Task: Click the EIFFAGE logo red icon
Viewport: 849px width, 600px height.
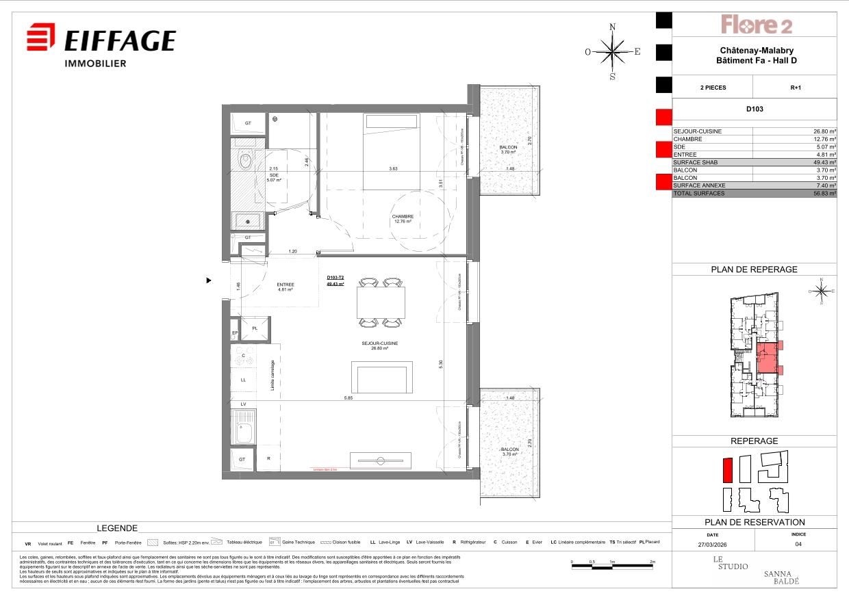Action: (41, 37)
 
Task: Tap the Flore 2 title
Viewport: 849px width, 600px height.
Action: (756, 25)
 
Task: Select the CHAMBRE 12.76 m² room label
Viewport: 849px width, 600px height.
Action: (403, 219)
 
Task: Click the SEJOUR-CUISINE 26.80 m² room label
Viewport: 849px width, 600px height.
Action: (380, 345)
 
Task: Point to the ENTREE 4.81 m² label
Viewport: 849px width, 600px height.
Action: (285, 287)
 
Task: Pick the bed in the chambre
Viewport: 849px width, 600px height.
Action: (391, 152)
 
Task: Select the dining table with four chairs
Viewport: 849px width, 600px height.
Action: (381, 302)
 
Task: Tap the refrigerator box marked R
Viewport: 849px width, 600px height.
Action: (268, 459)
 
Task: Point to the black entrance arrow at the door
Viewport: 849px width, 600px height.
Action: (210, 280)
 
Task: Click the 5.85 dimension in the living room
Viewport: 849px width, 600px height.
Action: (349, 397)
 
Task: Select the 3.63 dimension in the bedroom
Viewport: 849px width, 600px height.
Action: (393, 168)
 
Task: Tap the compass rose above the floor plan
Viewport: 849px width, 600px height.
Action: (612, 51)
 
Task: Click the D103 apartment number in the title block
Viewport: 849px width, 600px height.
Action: (755, 109)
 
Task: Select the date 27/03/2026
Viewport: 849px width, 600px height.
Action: (713, 545)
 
